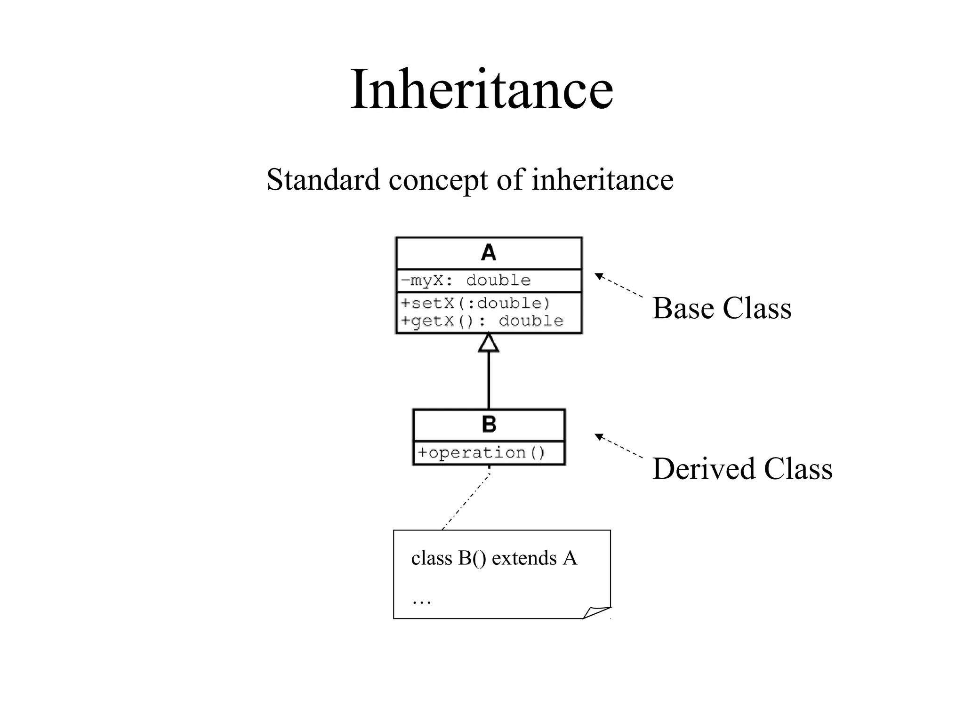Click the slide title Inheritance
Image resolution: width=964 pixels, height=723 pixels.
coord(482,89)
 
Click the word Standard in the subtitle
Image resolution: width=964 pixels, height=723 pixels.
coord(323,179)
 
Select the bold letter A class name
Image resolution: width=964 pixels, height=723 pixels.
coord(489,253)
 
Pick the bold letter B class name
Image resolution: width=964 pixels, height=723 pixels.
coord(489,424)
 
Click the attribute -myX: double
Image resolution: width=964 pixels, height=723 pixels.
coord(466,281)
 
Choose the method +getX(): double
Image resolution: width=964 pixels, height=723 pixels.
coord(482,321)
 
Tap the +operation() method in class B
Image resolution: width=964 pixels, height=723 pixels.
coord(482,453)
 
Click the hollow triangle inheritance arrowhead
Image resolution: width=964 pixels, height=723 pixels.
coord(489,343)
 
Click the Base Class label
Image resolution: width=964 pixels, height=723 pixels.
coord(722,308)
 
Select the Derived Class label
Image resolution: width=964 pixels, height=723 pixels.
coord(742,469)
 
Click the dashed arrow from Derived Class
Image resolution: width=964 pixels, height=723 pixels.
coord(619,446)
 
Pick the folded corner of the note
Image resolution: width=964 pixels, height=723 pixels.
coord(595,612)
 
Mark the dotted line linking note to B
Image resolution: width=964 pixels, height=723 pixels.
coord(466,502)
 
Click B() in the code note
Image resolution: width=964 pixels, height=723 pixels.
coord(472,558)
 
